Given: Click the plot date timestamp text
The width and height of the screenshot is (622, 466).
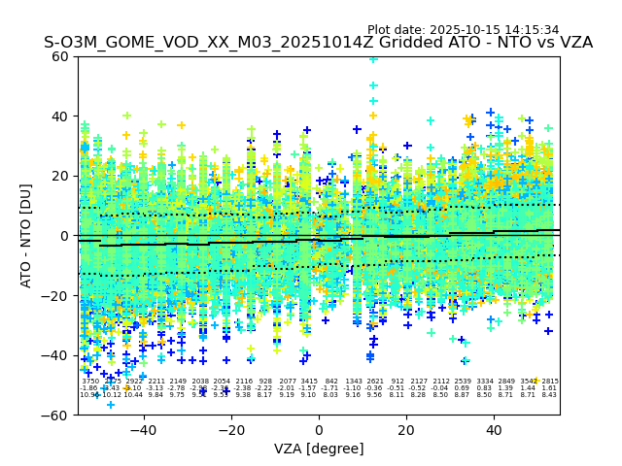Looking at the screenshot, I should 463,30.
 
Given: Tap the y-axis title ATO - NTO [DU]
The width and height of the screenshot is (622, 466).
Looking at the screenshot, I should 27,236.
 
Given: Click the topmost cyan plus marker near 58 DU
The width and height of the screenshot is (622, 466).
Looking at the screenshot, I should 373,59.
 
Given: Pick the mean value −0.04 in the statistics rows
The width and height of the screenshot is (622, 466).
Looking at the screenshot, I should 441,388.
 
